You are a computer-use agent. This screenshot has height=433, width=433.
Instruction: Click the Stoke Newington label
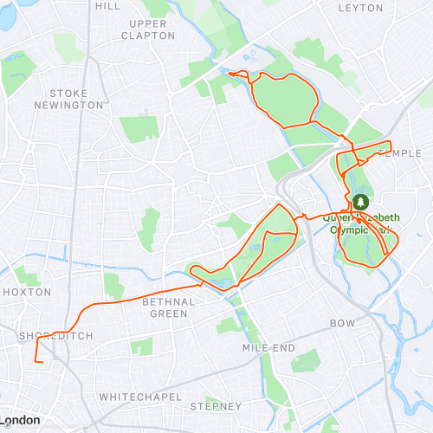76,99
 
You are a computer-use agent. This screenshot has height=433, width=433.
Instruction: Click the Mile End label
269,348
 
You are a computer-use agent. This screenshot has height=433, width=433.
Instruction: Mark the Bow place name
343,322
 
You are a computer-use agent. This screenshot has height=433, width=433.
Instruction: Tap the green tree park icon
360,202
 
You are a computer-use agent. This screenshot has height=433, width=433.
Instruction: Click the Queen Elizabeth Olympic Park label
359,224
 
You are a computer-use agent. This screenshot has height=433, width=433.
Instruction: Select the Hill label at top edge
107,5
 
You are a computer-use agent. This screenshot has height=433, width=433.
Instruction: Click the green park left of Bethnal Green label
113,285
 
